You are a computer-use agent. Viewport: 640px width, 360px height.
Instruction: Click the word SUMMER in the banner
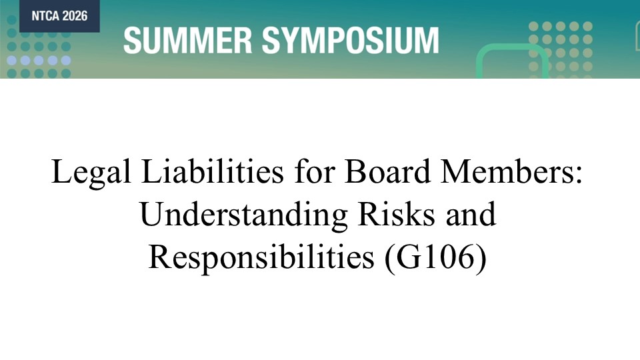(x=188, y=41)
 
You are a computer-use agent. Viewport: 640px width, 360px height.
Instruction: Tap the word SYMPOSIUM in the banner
(x=350, y=41)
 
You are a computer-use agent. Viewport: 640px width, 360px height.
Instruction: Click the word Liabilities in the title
(x=212, y=171)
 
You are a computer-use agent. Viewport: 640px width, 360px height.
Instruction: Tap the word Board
(x=388, y=171)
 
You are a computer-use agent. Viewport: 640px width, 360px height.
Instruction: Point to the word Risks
(x=396, y=213)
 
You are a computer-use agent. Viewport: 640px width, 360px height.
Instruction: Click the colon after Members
(x=579, y=175)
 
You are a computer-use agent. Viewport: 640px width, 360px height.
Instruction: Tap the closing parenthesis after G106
(x=482, y=259)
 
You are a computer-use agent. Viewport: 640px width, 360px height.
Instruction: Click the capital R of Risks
(x=368, y=214)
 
